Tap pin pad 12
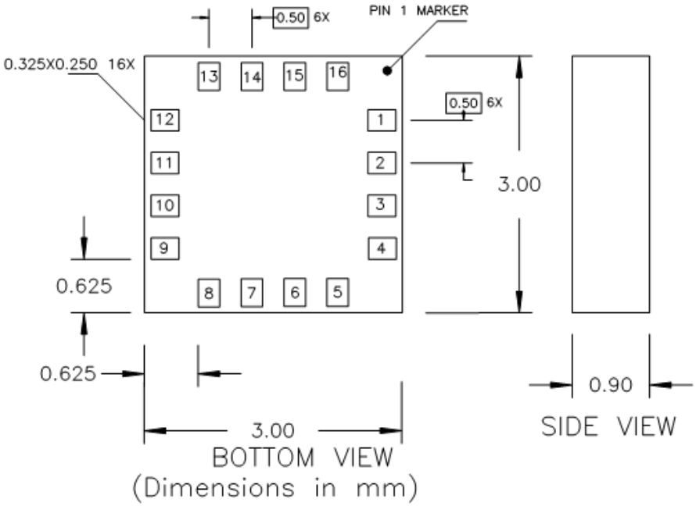pos(165,120)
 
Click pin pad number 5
pos(337,292)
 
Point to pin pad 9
pos(165,249)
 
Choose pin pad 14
pos(251,76)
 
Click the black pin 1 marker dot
pos(387,71)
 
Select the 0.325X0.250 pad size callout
pos(70,66)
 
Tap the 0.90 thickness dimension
pos(610,385)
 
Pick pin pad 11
pos(165,163)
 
